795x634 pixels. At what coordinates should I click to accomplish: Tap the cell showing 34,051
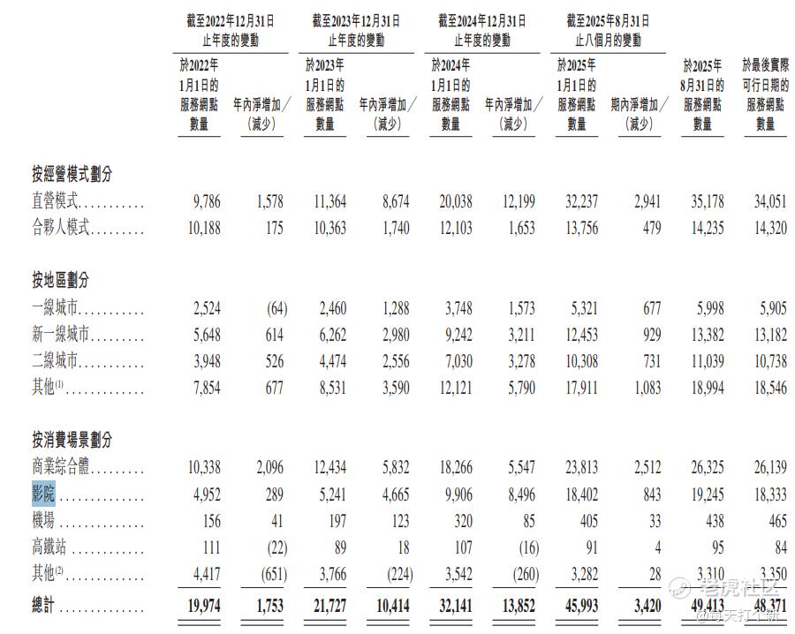point(765,202)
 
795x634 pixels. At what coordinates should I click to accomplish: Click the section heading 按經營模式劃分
point(72,175)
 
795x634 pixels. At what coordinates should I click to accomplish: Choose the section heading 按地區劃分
point(60,281)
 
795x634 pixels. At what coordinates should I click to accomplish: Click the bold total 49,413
point(702,606)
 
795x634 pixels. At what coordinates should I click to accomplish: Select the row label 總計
point(42,606)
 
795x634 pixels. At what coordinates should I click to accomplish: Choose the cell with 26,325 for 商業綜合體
point(702,467)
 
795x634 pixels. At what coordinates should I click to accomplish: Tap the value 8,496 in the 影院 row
point(516,494)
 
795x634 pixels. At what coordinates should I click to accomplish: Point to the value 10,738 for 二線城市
point(765,361)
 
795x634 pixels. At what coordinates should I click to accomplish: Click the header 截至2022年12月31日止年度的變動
point(231,30)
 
